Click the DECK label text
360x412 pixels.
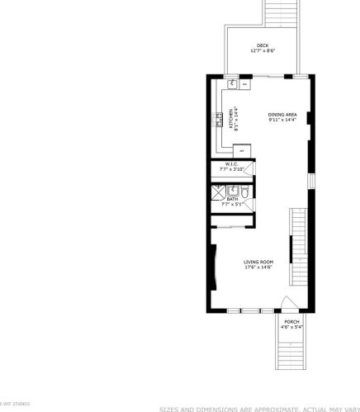[x=262, y=45]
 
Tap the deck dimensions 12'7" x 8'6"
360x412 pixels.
[x=262, y=51]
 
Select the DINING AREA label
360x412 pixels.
[x=282, y=115]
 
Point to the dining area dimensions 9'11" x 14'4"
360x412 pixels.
[x=282, y=121]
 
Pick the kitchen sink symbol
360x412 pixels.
[x=233, y=83]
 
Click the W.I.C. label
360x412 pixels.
[x=232, y=163]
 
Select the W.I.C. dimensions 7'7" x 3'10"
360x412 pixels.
[x=232, y=169]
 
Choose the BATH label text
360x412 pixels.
[x=233, y=198]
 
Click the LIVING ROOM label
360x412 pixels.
[x=258, y=262]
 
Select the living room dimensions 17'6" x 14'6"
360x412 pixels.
[x=258, y=268]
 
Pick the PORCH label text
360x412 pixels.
[x=291, y=321]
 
